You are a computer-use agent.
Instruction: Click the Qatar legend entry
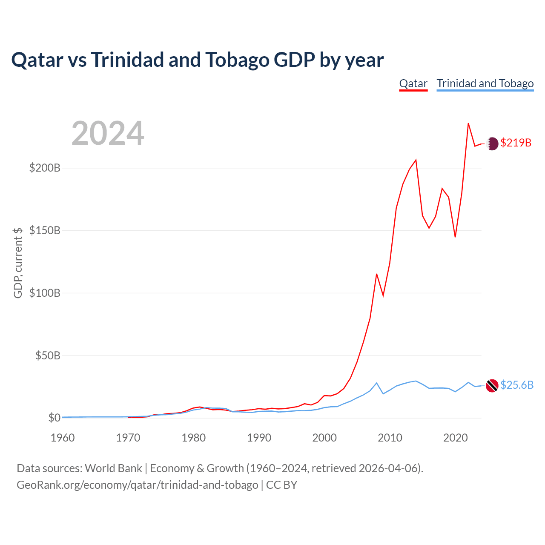click(x=413, y=83)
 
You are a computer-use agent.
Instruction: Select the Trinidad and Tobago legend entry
click(x=485, y=83)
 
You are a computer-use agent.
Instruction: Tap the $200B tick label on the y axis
click(x=45, y=168)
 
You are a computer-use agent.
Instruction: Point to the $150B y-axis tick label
click(x=45, y=230)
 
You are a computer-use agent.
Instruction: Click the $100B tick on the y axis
click(x=45, y=293)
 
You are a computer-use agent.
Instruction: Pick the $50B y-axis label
click(x=48, y=356)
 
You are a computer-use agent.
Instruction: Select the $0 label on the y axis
click(x=54, y=418)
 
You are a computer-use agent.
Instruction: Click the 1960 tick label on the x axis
click(x=63, y=438)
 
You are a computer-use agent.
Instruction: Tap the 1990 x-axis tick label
click(x=259, y=438)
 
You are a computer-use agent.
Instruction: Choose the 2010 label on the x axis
click(x=390, y=438)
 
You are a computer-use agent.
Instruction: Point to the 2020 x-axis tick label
click(x=456, y=438)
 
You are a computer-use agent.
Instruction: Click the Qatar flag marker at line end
click(x=492, y=144)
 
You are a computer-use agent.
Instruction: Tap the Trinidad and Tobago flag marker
click(x=492, y=386)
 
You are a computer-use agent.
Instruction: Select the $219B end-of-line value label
click(x=516, y=143)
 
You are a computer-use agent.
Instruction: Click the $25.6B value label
click(x=517, y=385)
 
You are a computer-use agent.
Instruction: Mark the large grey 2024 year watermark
click(x=108, y=134)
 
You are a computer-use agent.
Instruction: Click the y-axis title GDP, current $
click(x=18, y=263)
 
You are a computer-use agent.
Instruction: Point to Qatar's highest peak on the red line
click(x=468, y=123)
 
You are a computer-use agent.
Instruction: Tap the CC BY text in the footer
click(x=281, y=485)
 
